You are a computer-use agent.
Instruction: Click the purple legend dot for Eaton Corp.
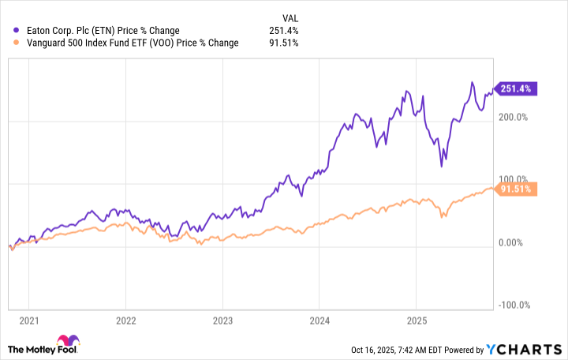[x=18, y=31]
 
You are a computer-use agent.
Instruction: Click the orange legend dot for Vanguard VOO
[x=18, y=43]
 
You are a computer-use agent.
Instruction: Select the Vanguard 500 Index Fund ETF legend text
[x=131, y=43]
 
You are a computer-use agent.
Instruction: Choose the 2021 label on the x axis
[x=28, y=322]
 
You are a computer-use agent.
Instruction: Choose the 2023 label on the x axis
[x=222, y=322]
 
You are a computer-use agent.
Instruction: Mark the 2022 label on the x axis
[x=125, y=322]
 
